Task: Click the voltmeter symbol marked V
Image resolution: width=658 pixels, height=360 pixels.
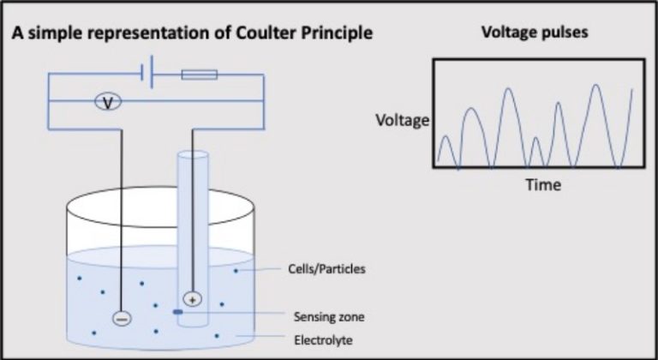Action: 107,102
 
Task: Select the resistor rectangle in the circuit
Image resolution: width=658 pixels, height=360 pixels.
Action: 199,75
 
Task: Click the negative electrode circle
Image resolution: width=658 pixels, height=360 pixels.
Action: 122,318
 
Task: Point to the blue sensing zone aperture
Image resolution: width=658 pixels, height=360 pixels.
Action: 177,312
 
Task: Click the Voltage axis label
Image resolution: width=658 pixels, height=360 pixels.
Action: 402,120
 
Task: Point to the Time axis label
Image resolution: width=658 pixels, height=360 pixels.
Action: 543,184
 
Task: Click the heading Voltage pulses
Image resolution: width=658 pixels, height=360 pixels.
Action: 538,34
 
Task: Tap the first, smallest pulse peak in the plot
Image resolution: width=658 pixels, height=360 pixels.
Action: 445,136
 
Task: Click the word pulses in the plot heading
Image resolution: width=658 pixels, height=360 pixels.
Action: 568,34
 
